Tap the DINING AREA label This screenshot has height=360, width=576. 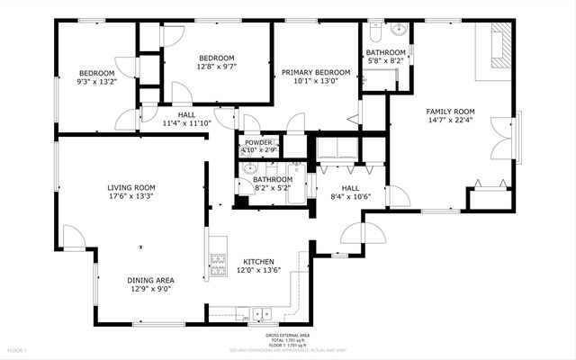point(150,280)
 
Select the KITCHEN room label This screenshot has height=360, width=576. point(258,261)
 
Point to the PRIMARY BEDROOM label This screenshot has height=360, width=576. point(315,72)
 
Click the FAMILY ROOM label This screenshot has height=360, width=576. point(450,112)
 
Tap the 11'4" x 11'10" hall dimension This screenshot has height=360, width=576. point(187,123)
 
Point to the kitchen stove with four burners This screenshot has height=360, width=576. point(218,262)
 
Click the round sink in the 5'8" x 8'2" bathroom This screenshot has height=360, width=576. point(399,30)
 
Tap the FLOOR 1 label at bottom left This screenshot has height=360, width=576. point(18,349)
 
